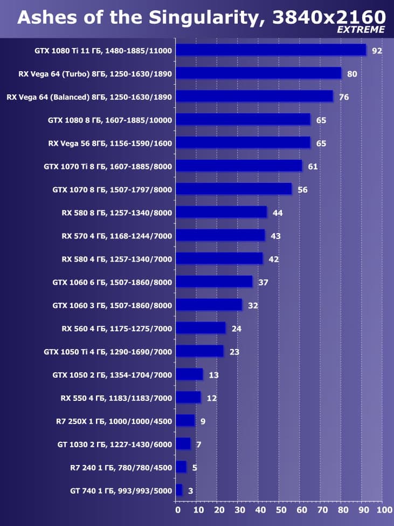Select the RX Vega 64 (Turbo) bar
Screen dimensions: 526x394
pos(258,73)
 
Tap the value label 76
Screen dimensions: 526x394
pos(343,97)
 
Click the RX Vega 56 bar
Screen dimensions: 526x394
pos(243,143)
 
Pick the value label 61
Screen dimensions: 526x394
pos(313,167)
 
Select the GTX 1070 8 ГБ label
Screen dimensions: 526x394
pos(112,189)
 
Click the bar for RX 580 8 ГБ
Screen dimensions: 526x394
pos(221,213)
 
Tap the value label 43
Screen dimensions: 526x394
pos(275,236)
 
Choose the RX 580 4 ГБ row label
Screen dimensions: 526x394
pos(117,259)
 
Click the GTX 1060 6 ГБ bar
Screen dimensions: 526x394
pos(214,282)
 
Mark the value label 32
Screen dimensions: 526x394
pos(253,306)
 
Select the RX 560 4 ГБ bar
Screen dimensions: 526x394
pos(201,329)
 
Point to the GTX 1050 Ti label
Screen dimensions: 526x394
pos(108,352)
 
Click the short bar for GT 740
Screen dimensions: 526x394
pos(179,490)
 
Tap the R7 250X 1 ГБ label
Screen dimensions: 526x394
pos(114,421)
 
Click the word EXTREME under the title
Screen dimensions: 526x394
pos(361,30)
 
